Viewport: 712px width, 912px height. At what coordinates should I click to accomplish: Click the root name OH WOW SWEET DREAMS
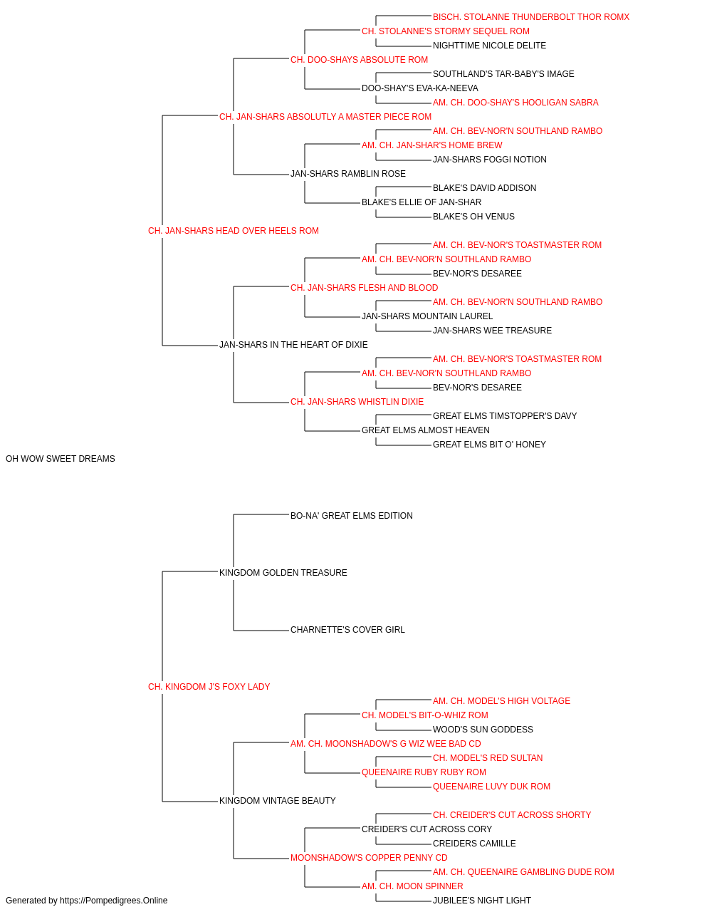[x=60, y=458]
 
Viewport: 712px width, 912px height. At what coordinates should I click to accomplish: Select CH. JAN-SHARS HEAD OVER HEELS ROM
[x=233, y=230]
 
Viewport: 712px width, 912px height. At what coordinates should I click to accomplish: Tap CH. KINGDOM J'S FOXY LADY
[x=209, y=686]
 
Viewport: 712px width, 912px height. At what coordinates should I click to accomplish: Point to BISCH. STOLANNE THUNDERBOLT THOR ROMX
[x=531, y=17]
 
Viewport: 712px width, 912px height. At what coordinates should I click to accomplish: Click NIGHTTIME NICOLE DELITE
[x=489, y=46]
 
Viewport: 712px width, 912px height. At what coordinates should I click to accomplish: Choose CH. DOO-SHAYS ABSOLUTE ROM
[x=359, y=60]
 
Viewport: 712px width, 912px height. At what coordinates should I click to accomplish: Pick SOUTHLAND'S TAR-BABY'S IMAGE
[x=503, y=74]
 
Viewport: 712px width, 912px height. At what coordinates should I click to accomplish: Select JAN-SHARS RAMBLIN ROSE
[x=348, y=173]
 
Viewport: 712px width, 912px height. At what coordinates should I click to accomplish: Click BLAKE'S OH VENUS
[x=473, y=216]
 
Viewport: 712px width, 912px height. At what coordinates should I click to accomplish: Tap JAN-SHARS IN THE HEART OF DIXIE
[x=293, y=345]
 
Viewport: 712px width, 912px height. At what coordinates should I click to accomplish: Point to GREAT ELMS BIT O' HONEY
[x=489, y=444]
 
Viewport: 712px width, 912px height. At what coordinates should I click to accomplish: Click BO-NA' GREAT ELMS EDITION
[x=352, y=515]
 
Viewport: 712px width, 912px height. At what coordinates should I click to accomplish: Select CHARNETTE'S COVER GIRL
[x=347, y=630]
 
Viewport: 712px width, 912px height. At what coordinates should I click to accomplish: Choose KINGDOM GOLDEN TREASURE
[x=283, y=572]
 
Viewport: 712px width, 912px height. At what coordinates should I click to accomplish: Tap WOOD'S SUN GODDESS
[x=483, y=729]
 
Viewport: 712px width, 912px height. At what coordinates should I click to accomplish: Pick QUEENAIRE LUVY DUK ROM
[x=491, y=786]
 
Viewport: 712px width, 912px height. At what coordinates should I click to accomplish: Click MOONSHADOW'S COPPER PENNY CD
[x=369, y=857]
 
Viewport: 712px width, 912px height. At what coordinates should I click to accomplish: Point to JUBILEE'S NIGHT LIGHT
[x=482, y=901]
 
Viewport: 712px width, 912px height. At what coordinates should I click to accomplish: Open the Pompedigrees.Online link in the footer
[x=113, y=901]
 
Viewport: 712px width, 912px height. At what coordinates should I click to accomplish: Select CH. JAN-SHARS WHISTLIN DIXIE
[x=357, y=402]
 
